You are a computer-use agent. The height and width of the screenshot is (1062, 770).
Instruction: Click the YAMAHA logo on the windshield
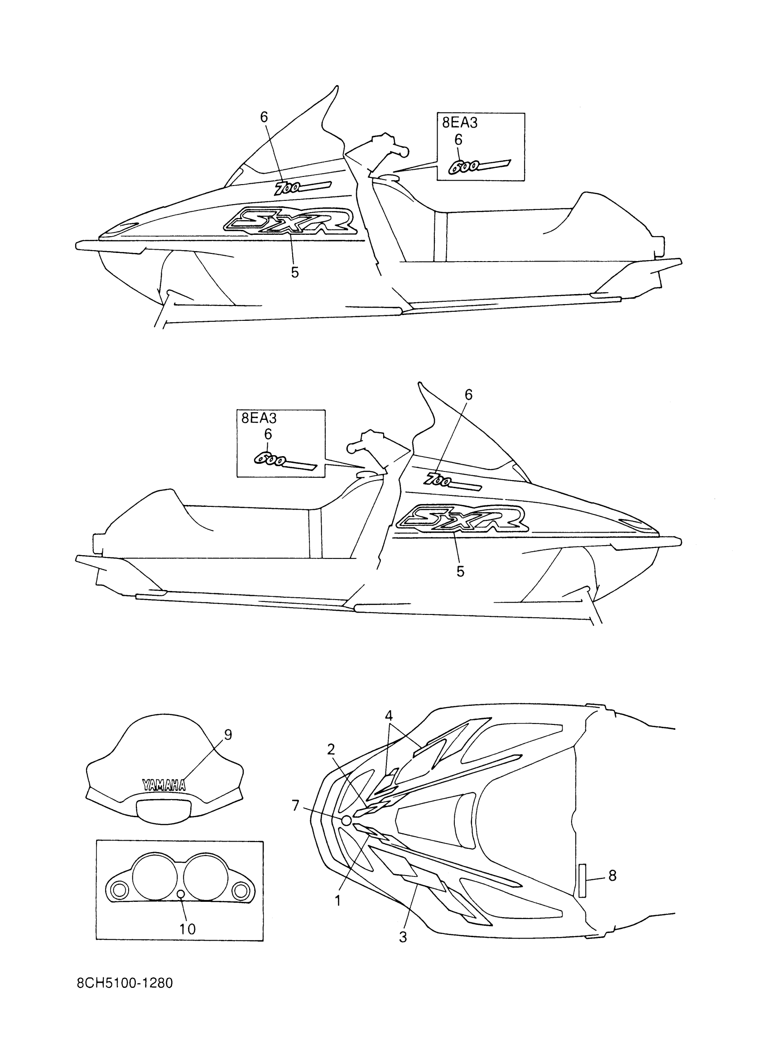pos(164,785)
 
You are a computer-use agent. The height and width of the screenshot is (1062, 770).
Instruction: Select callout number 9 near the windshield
pos(228,735)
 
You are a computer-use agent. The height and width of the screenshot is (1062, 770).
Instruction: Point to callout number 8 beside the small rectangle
pos(612,876)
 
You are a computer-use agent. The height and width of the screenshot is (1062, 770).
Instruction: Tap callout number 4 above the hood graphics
pos(389,715)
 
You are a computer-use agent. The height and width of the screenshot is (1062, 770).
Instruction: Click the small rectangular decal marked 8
pos(582,880)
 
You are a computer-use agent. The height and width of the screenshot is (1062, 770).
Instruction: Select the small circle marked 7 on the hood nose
pos(346,820)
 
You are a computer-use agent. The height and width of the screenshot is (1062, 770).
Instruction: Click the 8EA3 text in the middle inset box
pos(259,418)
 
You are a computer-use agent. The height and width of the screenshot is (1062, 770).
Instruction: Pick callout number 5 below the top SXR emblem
pos(295,272)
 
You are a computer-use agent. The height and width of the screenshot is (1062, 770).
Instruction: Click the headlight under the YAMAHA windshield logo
pos(164,810)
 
